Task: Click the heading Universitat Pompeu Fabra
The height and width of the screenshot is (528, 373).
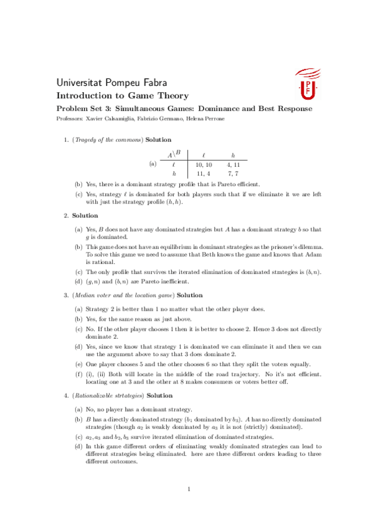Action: pos(111,83)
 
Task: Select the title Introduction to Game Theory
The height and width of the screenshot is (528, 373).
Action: pos(122,96)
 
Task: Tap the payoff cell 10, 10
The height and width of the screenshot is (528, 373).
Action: pos(204,164)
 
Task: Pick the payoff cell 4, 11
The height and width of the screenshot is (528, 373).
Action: pos(234,164)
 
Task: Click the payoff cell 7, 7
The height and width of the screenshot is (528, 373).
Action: pos(234,174)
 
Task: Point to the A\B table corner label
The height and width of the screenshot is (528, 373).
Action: pos(173,153)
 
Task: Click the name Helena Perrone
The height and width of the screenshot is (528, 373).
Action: pos(206,118)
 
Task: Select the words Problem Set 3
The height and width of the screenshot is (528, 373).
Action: pos(79,108)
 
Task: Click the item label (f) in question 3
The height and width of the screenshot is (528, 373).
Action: pos(78,374)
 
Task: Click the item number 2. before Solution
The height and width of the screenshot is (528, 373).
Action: pos(66,215)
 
